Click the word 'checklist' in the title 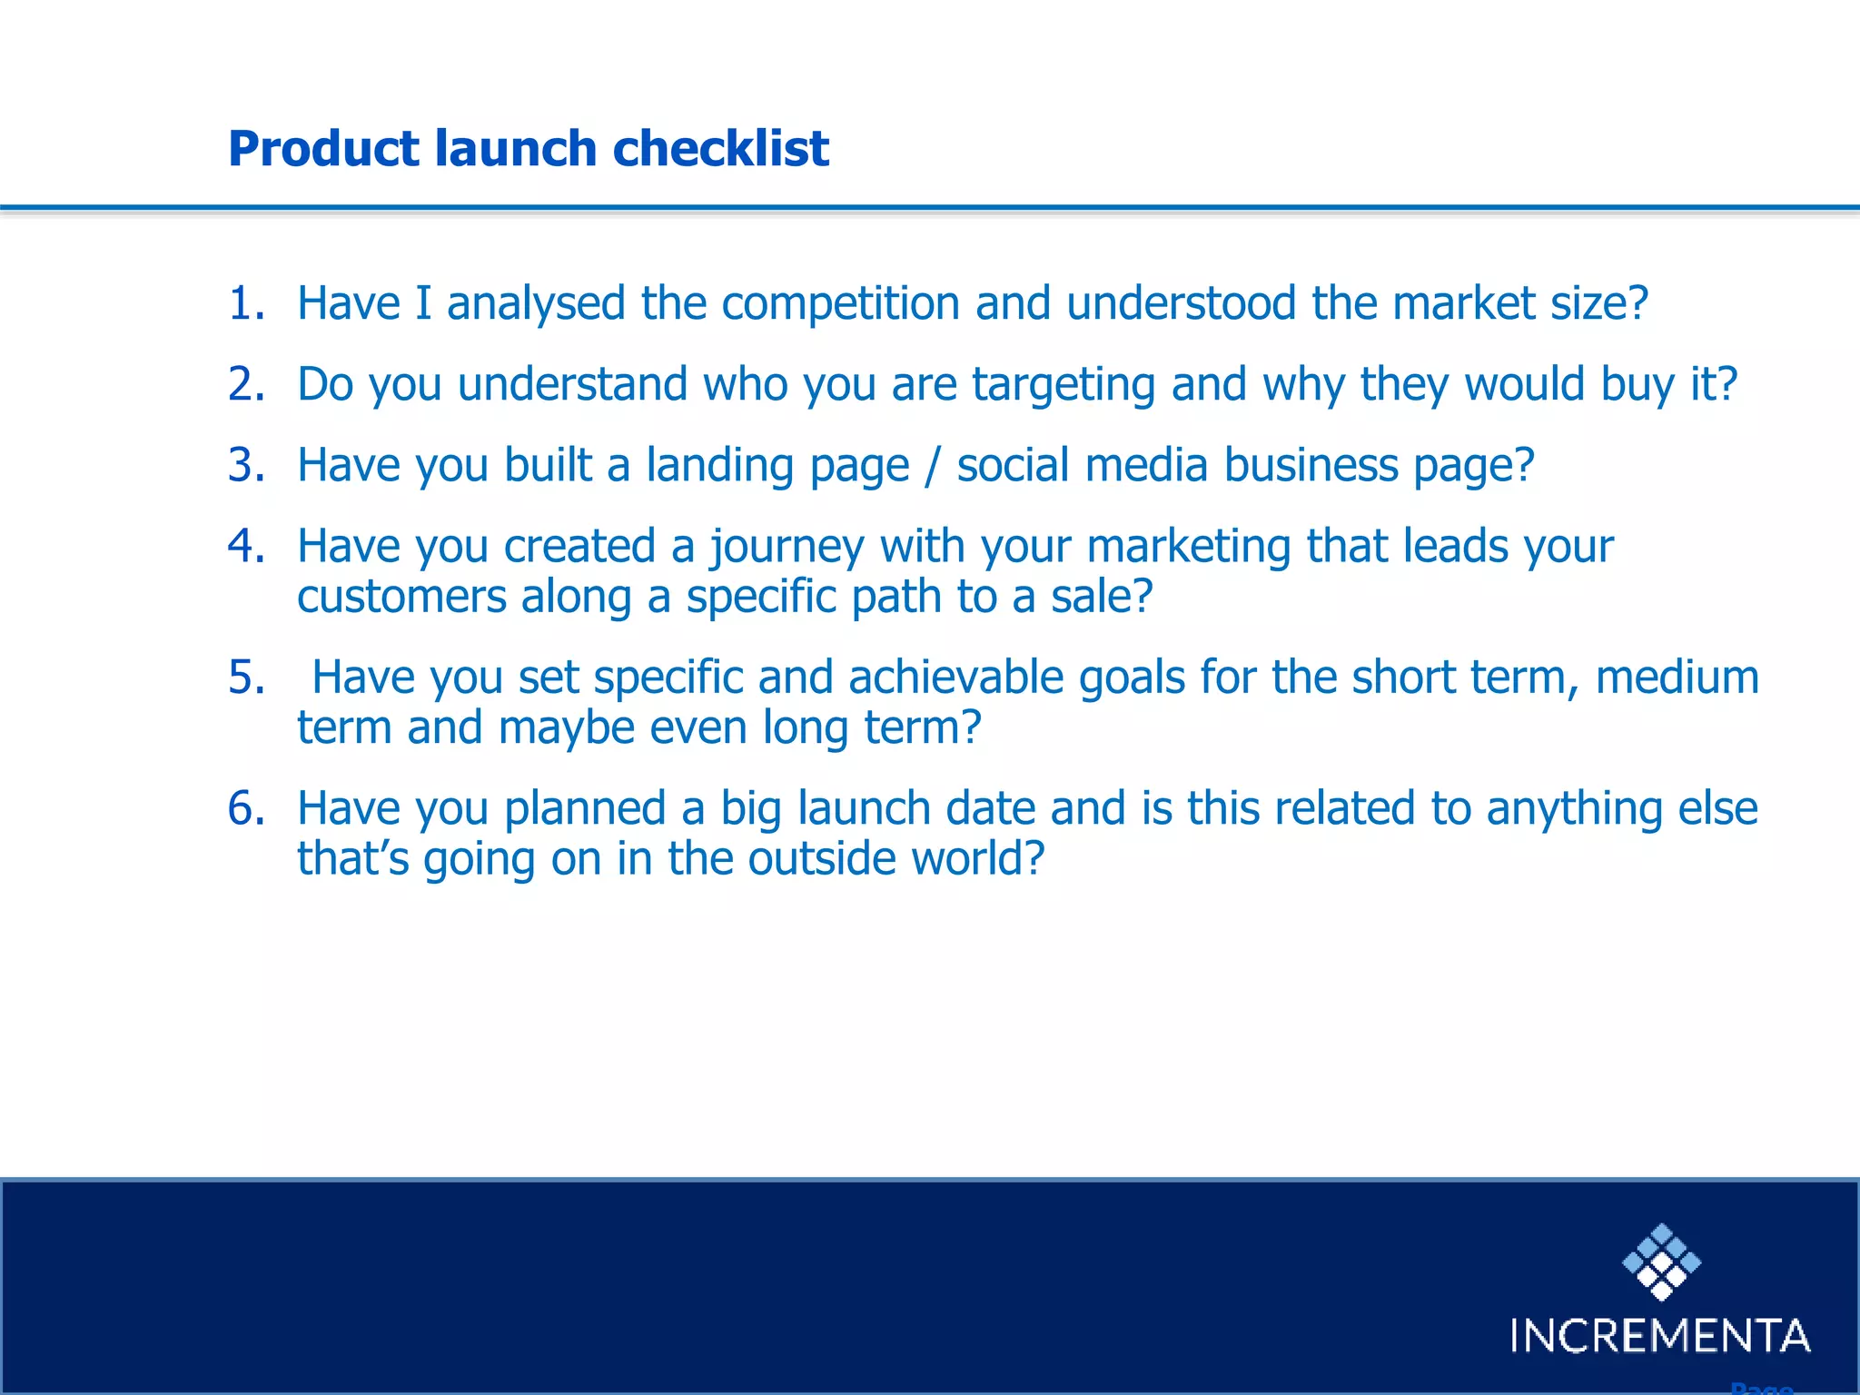pyautogui.click(x=720, y=148)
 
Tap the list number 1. pyautogui.click(x=245, y=303)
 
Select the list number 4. pyautogui.click(x=245, y=546)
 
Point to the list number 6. pyautogui.click(x=245, y=808)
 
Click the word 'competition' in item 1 pyautogui.click(x=840, y=303)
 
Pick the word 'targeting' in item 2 pyautogui.click(x=1064, y=384)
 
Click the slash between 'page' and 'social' pyautogui.click(x=932, y=466)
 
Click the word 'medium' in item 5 pyautogui.click(x=1677, y=678)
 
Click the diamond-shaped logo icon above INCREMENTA pyautogui.click(x=1661, y=1261)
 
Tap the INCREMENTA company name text pyautogui.click(x=1660, y=1336)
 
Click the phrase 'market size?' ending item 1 pyautogui.click(x=1519, y=303)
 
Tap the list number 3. pyautogui.click(x=245, y=465)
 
